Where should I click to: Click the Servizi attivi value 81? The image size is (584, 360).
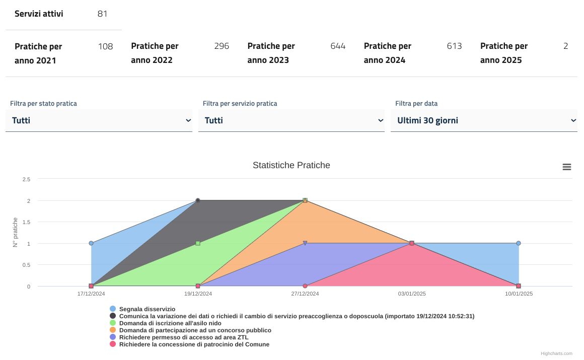click(x=102, y=14)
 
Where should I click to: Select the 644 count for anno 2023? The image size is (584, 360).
click(x=338, y=46)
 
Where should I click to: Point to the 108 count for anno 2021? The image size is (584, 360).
click(x=105, y=47)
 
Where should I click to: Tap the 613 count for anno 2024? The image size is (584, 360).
click(x=454, y=46)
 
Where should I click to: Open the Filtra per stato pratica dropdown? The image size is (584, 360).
click(x=99, y=121)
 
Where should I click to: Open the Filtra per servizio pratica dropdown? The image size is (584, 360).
click(x=291, y=121)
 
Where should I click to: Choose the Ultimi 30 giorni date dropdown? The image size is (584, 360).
click(x=484, y=121)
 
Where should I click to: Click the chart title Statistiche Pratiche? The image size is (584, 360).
click(x=291, y=165)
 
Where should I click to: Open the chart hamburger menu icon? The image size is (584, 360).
click(x=566, y=167)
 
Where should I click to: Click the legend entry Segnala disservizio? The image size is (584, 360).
click(x=147, y=309)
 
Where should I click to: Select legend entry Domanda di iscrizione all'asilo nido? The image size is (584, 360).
click(x=170, y=323)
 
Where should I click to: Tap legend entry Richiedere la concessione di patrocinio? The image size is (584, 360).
click(x=194, y=344)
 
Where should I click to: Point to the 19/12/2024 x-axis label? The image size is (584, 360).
click(x=198, y=294)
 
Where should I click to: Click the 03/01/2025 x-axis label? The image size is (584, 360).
click(x=412, y=294)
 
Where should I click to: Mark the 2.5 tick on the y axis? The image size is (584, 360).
click(x=26, y=179)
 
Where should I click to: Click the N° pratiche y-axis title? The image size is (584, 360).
click(x=16, y=232)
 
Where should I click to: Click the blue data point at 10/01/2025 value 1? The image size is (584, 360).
click(x=519, y=243)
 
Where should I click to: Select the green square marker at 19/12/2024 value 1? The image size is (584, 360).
click(x=198, y=243)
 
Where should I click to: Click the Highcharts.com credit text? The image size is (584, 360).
click(x=556, y=353)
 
